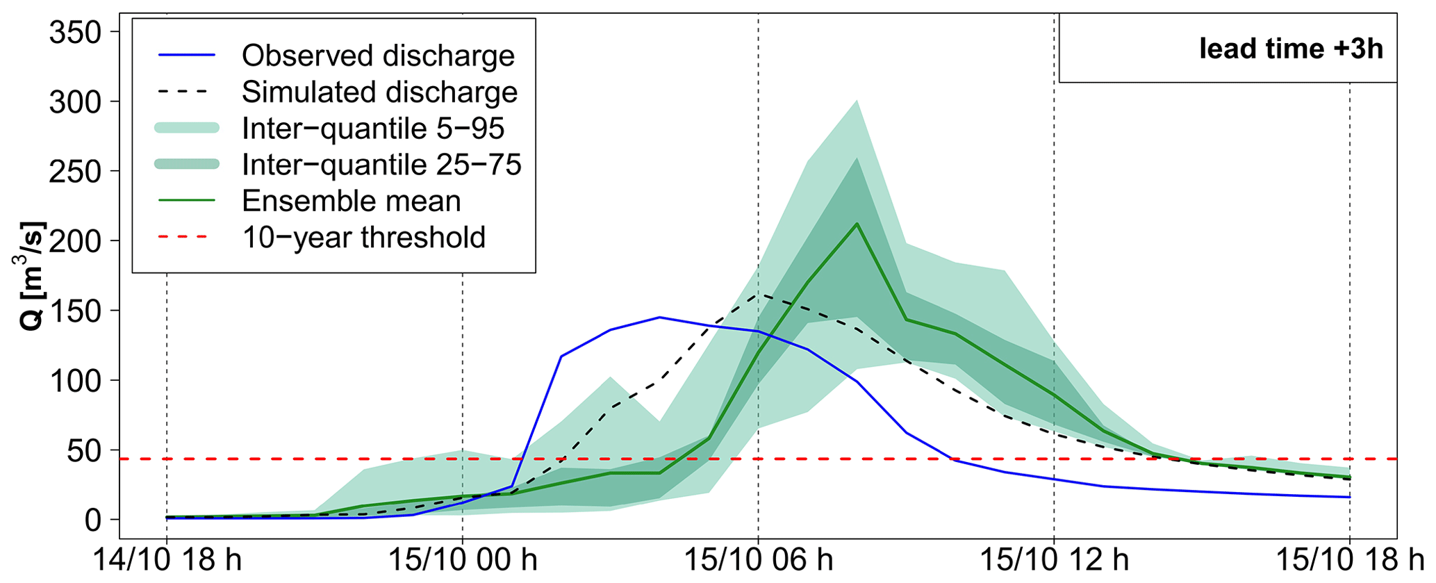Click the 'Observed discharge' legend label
point(378,56)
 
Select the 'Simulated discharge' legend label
point(379,92)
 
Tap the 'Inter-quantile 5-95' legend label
point(373,129)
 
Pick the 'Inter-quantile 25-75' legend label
point(381,165)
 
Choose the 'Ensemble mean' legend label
point(351,201)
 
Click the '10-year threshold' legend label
point(363,238)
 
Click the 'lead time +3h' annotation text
point(1291,49)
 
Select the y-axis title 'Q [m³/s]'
point(29,276)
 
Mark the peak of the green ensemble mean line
point(857,224)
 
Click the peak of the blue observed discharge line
point(659,318)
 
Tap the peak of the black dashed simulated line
point(758,294)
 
